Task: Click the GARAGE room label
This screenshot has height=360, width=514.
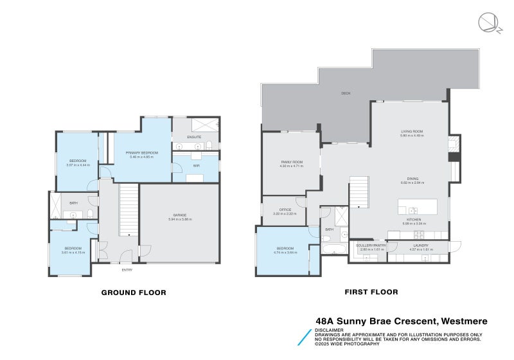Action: pyautogui.click(x=180, y=215)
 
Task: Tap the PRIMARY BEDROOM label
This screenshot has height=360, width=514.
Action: pyautogui.click(x=142, y=152)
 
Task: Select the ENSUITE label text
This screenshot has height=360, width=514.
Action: pyautogui.click(x=195, y=137)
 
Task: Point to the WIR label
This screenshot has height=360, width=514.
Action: pyautogui.click(x=196, y=166)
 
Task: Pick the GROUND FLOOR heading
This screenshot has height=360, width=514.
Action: pyautogui.click(x=134, y=292)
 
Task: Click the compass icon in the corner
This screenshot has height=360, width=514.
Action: pyautogui.click(x=486, y=22)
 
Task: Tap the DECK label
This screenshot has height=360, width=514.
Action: pyautogui.click(x=346, y=94)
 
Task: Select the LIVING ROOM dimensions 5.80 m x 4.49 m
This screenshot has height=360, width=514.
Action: pyautogui.click(x=411, y=136)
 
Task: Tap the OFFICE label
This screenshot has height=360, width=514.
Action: pyautogui.click(x=285, y=210)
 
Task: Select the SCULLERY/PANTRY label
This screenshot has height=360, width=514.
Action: pyautogui.click(x=373, y=245)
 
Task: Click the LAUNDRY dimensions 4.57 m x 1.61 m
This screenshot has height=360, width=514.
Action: pyautogui.click(x=421, y=249)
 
